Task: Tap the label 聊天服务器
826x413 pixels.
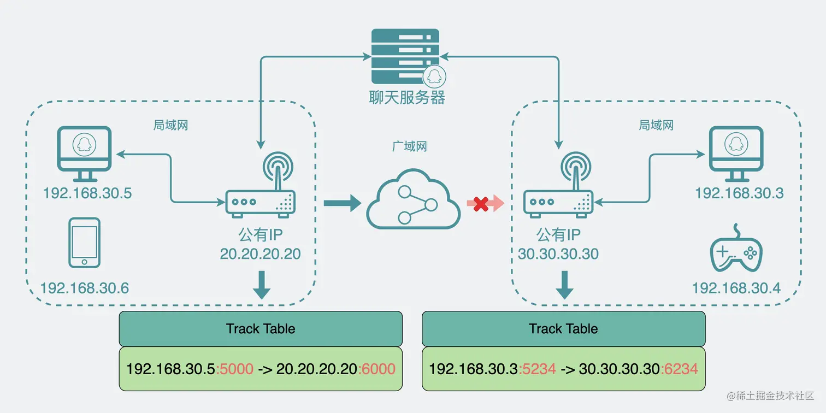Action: coord(407,97)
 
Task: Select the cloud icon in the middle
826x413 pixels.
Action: coord(413,198)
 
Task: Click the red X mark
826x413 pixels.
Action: coord(481,204)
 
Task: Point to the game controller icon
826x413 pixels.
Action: coord(736,252)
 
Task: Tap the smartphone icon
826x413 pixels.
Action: coord(84,243)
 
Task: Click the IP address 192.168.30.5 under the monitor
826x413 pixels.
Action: coord(87,194)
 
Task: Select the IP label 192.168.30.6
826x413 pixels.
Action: coord(85,288)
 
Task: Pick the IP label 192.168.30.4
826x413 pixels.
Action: coord(736,288)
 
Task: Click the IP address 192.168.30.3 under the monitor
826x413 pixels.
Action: coord(739,193)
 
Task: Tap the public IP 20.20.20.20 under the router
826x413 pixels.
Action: coord(260,254)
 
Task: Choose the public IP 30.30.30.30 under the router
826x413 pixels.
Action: coord(558,254)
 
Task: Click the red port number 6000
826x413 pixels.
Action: coord(379,369)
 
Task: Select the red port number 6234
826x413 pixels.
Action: coord(681,369)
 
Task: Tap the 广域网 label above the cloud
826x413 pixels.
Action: coord(410,146)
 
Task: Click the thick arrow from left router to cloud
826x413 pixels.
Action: coord(342,204)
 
